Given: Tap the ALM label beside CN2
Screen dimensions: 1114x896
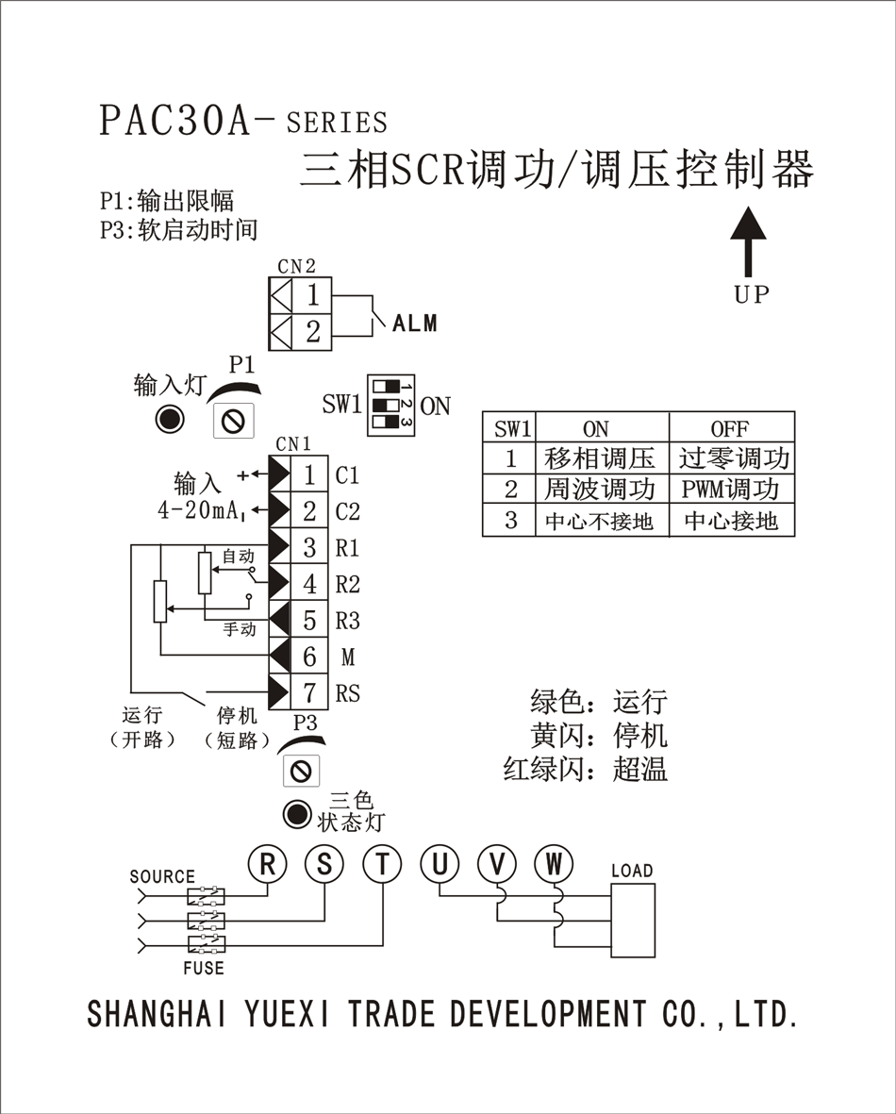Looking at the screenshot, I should pos(415,324).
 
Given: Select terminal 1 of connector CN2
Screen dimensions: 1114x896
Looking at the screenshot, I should pos(312,296).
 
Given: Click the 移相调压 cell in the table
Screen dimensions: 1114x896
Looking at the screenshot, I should pos(600,458).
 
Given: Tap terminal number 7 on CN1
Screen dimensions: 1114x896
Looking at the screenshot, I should pos(309,693).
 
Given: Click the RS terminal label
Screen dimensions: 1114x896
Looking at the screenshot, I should pos(348,694).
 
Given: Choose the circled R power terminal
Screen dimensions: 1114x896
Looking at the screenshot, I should pos(268,863).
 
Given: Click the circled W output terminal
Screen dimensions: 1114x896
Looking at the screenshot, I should pos(554,863).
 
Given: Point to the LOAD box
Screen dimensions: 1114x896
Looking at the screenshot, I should pos(632,920).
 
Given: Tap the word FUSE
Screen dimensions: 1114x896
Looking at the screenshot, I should pos(204,968).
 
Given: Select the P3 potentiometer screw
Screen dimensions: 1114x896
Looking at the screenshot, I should pos(301,772).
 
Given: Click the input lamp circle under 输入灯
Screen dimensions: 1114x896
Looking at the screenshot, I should pos(170,419).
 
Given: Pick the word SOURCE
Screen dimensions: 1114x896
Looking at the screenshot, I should pos(162,877).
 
